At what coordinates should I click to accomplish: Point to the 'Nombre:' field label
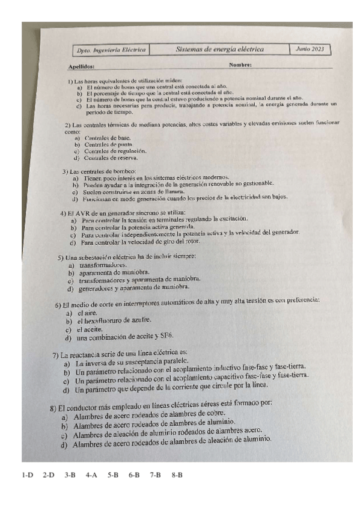tap(240, 64)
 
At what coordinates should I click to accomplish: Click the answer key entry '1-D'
tap(27, 475)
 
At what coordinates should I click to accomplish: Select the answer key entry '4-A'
tap(91, 475)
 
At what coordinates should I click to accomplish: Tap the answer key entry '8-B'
tap(177, 475)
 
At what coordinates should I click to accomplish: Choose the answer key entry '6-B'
tap(134, 475)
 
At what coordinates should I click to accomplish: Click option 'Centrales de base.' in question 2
tap(100, 138)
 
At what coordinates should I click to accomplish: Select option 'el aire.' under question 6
tap(87, 313)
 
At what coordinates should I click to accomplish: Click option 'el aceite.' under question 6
tap(89, 330)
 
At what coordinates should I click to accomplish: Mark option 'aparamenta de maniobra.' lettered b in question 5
tap(108, 272)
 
